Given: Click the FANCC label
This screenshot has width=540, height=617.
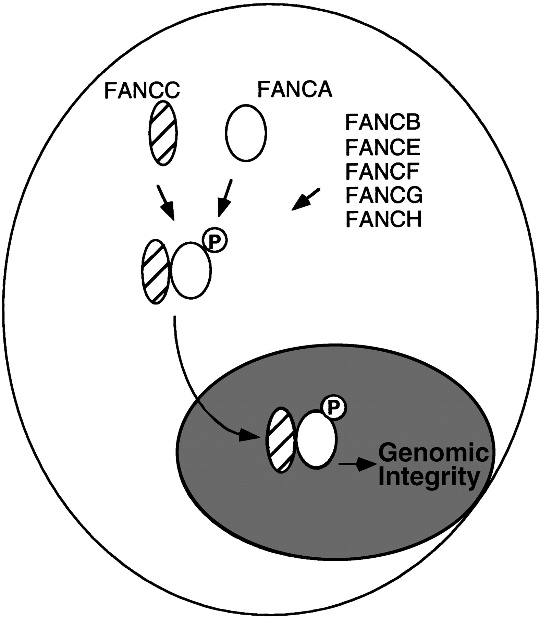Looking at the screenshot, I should pyautogui.click(x=142, y=90).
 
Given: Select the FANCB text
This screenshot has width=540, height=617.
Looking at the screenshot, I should pyautogui.click(x=383, y=122).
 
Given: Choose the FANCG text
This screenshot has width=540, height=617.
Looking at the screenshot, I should pyautogui.click(x=384, y=195).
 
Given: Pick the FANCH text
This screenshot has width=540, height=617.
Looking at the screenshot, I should pyautogui.click(x=383, y=219).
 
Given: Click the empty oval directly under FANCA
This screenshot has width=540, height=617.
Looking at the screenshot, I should pyautogui.click(x=246, y=133).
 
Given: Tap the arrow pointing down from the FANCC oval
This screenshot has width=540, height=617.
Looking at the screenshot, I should pyautogui.click(x=166, y=203).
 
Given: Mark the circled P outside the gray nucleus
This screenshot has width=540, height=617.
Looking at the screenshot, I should pyautogui.click(x=214, y=241).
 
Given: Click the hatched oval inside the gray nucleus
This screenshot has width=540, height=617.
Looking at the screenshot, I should pyautogui.click(x=280, y=440).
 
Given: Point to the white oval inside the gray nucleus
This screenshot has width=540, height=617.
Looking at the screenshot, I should pyautogui.click(x=317, y=439).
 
